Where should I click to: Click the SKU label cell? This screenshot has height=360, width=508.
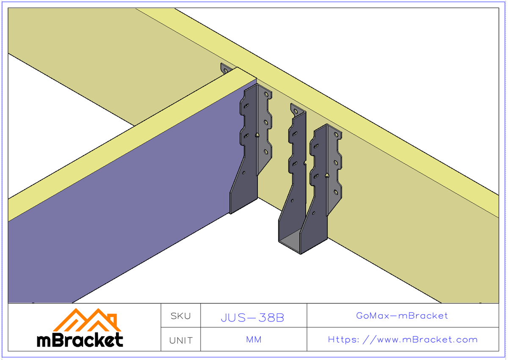point(180,316)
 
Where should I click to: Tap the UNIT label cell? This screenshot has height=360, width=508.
point(180,340)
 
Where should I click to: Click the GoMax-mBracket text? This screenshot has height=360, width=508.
point(402,316)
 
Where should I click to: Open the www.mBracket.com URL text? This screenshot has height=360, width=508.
point(403,339)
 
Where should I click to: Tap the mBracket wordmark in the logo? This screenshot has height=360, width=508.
point(80,340)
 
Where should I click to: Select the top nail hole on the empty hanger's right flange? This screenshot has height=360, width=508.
point(336,135)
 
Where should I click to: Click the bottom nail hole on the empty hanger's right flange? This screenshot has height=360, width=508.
point(336,192)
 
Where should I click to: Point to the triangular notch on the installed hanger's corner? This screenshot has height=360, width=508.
point(257,135)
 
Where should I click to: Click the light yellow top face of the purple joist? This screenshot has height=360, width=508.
point(127,144)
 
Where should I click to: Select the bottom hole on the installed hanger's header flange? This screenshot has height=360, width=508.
point(266,152)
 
